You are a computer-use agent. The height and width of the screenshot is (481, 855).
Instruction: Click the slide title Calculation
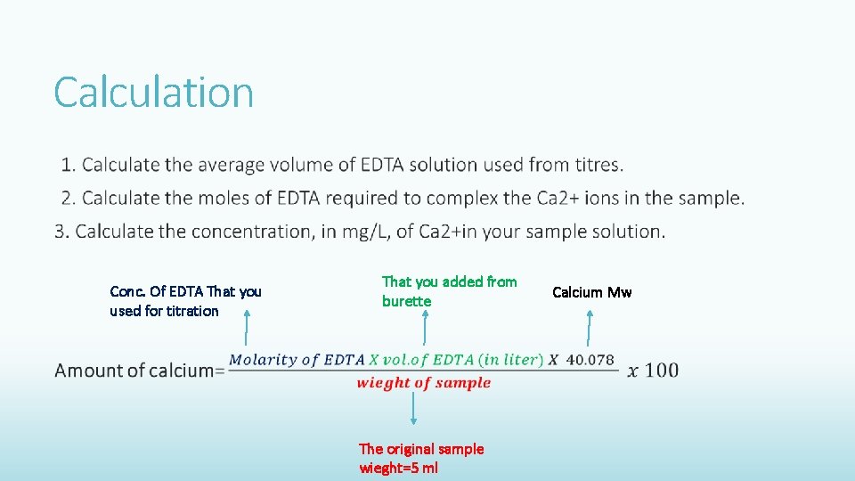(x=153, y=92)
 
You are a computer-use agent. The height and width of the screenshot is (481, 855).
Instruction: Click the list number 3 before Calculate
(x=60, y=232)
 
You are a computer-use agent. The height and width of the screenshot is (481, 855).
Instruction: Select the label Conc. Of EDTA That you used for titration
(x=185, y=301)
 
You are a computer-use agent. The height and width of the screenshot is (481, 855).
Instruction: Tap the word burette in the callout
(x=406, y=302)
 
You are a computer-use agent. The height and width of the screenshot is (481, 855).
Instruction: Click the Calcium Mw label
(x=591, y=292)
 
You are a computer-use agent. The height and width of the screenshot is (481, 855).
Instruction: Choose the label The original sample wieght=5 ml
(x=420, y=459)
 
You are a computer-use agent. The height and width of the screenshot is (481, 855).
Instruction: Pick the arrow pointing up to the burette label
(x=424, y=328)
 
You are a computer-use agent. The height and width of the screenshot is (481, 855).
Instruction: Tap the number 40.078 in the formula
(x=590, y=360)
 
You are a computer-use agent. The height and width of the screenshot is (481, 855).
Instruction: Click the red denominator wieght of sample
(x=424, y=383)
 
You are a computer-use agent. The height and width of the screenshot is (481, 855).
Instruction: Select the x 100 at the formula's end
(x=653, y=371)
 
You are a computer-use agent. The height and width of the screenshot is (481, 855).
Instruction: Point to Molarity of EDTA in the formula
(x=297, y=360)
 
